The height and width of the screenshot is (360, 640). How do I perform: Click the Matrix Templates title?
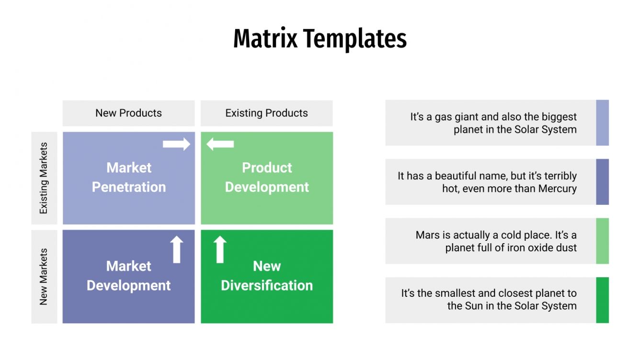point(320,39)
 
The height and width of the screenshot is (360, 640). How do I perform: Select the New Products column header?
point(128,113)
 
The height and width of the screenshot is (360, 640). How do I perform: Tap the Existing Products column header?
point(266,113)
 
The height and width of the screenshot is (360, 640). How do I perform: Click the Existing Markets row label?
point(44,178)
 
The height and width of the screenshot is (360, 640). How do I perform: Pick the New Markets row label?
point(44,277)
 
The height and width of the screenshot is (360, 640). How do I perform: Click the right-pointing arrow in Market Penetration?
point(176,144)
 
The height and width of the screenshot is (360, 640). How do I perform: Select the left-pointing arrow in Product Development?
point(220,144)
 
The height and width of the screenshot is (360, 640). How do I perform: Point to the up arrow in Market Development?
point(177,249)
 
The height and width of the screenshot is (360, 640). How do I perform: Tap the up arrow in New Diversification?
point(220,249)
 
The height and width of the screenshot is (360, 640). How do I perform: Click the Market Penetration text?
point(128,177)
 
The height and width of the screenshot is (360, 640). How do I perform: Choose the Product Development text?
point(267,177)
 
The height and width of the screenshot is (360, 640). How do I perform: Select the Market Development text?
point(128,276)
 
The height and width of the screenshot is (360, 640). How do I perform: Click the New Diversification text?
point(267,276)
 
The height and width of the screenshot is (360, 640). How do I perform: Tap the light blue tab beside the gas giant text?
point(602,123)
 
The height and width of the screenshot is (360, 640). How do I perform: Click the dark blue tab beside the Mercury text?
point(602,182)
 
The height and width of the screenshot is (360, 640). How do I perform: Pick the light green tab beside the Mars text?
point(602,241)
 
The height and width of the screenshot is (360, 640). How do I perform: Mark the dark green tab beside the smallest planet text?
point(602,300)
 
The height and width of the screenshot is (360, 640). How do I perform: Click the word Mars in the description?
point(427,236)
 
